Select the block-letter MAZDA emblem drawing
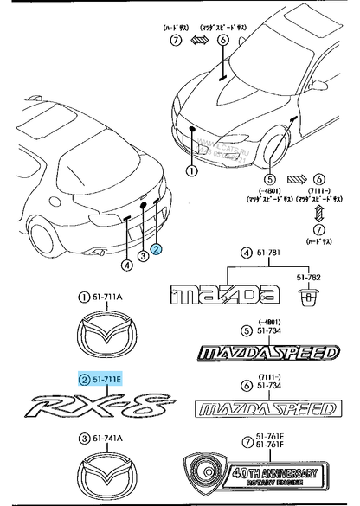pos(227,295)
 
